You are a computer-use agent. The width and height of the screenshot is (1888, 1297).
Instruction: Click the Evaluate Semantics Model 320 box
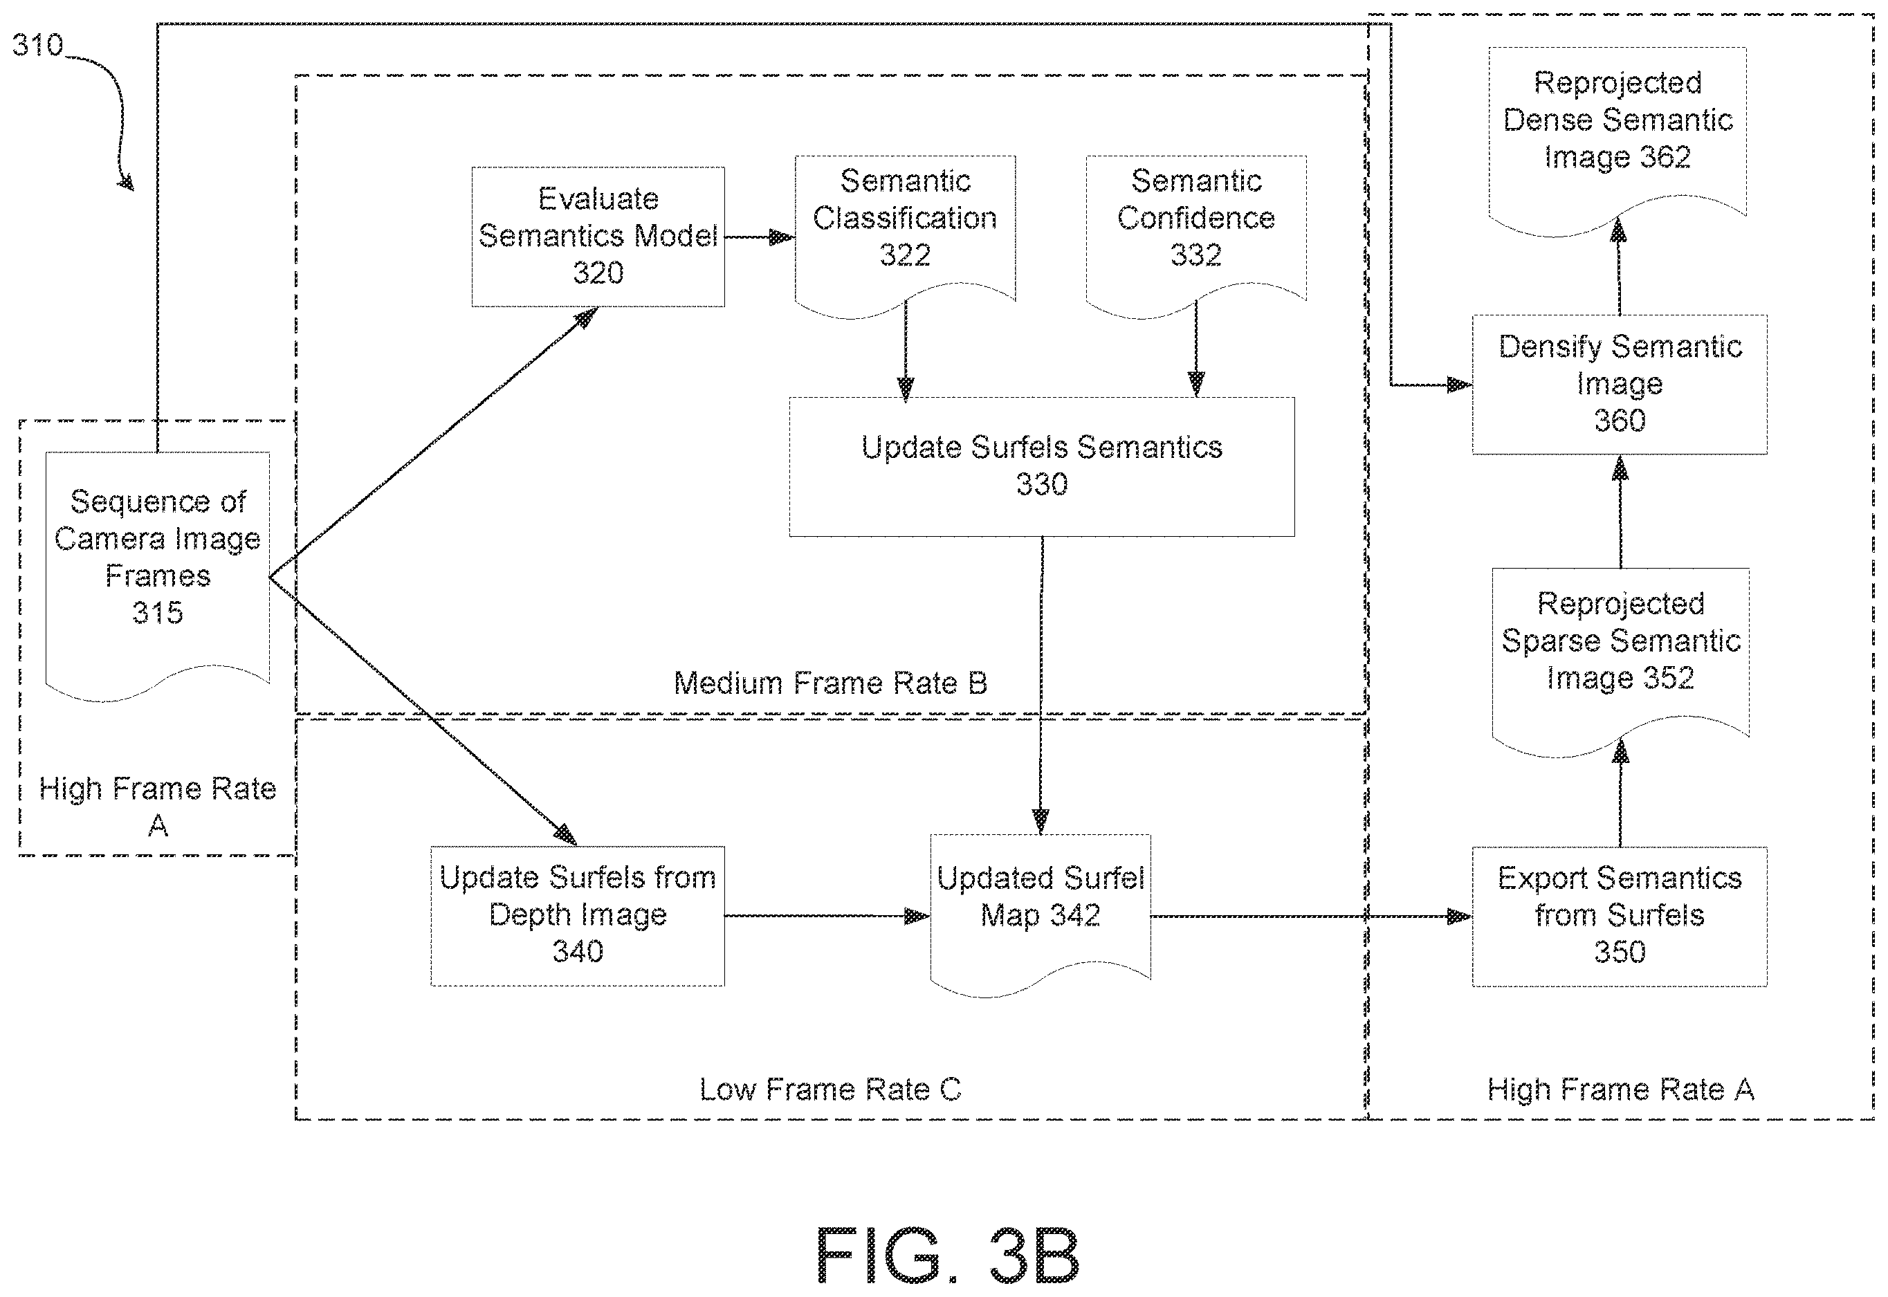coord(598,237)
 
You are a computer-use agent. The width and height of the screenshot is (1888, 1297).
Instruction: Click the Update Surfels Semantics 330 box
coord(1041,466)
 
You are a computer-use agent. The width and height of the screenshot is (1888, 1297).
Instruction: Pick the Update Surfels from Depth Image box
coord(577,916)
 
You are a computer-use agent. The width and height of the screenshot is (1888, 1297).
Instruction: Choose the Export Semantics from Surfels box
coord(1619,917)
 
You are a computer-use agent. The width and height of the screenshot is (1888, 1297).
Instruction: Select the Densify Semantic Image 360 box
coord(1619,384)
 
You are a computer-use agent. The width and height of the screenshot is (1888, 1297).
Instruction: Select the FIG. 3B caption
coord(948,1255)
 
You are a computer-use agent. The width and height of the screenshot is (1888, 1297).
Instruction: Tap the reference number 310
coord(37,45)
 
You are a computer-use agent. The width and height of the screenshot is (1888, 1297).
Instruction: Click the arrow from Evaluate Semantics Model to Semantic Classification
coord(759,237)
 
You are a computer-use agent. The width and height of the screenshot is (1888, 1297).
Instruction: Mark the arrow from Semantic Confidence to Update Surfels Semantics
coord(1195,349)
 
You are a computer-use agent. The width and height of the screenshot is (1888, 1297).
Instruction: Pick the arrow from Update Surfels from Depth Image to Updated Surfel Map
coord(827,916)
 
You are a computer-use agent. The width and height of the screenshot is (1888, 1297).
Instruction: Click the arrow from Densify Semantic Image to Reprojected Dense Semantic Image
coord(1619,266)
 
